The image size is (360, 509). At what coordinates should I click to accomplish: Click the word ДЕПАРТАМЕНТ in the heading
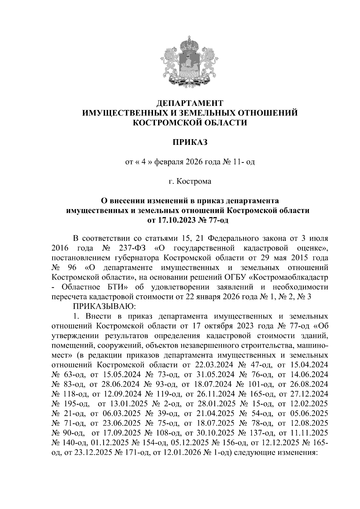tap(190, 103)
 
